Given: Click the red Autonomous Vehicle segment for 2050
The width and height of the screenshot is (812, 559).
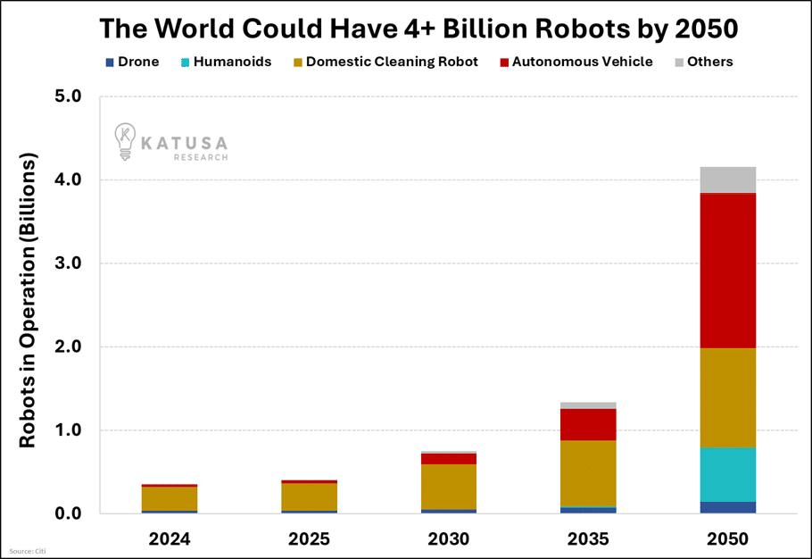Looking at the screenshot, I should coord(727,270).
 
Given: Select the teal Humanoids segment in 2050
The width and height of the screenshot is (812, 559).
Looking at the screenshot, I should coord(727,474).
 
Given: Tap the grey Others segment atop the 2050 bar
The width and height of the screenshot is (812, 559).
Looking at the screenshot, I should coord(727,179).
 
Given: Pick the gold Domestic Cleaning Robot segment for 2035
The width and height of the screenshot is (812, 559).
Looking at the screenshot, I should coord(588,473).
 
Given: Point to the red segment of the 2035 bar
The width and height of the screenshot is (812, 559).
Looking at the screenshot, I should coord(588,424).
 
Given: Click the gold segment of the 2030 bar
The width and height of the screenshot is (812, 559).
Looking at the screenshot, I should coord(449,487).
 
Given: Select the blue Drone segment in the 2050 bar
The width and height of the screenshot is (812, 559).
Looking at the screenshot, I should coord(727,507).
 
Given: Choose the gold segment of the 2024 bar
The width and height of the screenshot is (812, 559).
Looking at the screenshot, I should coord(170,498).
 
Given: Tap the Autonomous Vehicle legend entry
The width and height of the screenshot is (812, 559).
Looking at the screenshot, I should coord(575,62).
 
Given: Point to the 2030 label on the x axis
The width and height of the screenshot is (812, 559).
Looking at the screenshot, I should coord(449,539).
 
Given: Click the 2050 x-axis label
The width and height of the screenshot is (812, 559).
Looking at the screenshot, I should coord(727,539).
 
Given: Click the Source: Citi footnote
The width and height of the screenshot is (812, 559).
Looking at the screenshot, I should coord(28,551).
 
